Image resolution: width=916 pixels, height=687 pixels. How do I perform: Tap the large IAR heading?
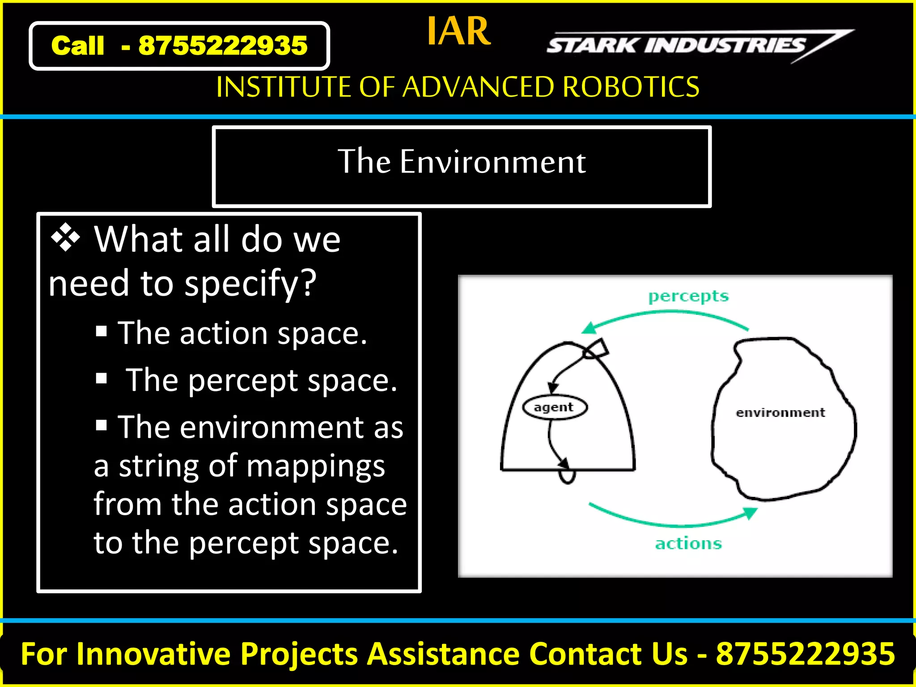[458, 31]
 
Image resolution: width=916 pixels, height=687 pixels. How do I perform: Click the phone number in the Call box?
[223, 46]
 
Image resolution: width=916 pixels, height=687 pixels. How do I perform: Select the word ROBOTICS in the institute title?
[631, 87]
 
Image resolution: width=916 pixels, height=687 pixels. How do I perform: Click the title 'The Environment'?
[462, 162]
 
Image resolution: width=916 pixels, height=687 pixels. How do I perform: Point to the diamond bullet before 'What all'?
[65, 237]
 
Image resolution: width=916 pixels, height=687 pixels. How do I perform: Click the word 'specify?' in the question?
[250, 284]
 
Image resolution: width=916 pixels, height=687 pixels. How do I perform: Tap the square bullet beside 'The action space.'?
[102, 331]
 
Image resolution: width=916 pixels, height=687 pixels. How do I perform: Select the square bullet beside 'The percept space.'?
[102, 378]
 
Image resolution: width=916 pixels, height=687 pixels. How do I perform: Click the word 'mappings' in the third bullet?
[315, 466]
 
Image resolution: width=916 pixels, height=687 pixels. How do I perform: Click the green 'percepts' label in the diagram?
[688, 296]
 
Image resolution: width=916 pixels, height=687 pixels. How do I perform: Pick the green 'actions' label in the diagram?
[688, 543]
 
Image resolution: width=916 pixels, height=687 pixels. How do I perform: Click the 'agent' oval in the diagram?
[555, 407]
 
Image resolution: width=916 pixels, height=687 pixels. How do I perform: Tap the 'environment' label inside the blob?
[780, 412]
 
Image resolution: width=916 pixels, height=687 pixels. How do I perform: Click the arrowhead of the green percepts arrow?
[589, 328]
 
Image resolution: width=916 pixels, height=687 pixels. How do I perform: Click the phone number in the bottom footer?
[805, 654]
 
